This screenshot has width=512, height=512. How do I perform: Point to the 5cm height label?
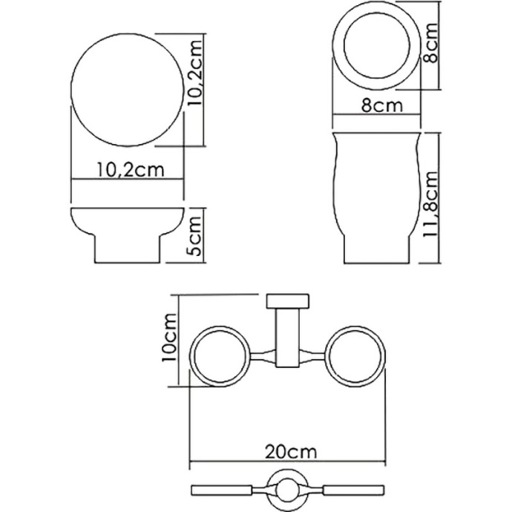pyautogui.click(x=195, y=236)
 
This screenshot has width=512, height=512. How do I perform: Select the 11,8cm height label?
pyautogui.click(x=433, y=200)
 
